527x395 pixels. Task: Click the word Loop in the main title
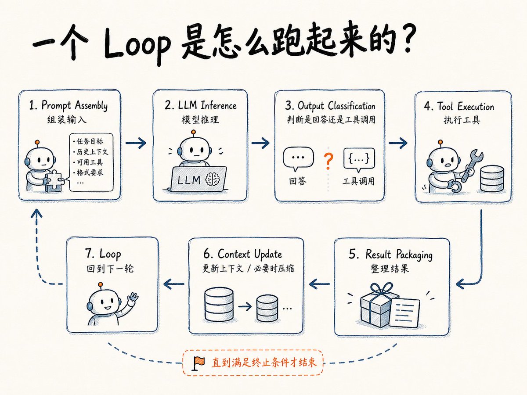pyautogui.click(x=137, y=46)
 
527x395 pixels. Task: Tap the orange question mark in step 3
pyautogui.click(x=328, y=162)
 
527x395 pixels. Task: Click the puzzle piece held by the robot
pyautogui.click(x=55, y=181)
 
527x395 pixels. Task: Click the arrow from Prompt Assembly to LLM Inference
pyautogui.click(x=136, y=143)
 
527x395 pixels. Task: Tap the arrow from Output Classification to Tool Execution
pyautogui.click(x=398, y=143)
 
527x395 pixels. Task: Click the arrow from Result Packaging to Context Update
pyautogui.click(x=319, y=284)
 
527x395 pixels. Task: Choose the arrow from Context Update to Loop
pyautogui.click(x=174, y=284)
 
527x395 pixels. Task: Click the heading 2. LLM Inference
pyautogui.click(x=200, y=105)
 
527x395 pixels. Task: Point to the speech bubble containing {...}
pyautogui.click(x=359, y=159)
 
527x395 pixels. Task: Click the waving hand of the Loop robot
pyautogui.click(x=133, y=298)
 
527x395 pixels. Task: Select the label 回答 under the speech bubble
pyautogui.click(x=298, y=181)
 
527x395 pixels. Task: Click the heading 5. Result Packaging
pyautogui.click(x=390, y=255)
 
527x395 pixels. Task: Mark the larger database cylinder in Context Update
pyautogui.click(x=219, y=304)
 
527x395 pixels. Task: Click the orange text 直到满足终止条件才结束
pyautogui.click(x=264, y=363)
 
